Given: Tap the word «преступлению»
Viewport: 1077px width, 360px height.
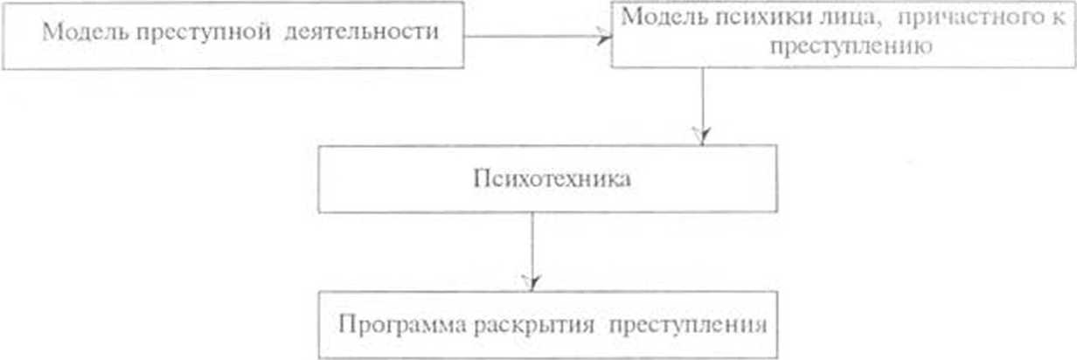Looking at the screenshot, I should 845,46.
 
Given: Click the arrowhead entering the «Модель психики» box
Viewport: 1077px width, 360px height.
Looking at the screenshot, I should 603,36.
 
